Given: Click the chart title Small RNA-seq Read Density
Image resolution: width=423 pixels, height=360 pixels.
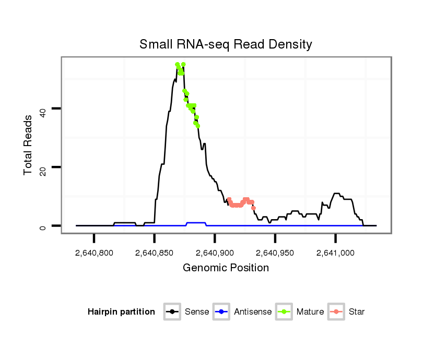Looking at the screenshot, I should coord(226,44).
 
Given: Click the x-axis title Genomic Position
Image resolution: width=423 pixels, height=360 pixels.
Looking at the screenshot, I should coord(226,268).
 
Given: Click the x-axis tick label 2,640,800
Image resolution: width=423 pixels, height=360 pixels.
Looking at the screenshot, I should coord(94,253).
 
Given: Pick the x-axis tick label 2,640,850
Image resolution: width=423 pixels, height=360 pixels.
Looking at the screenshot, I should coord(155,253).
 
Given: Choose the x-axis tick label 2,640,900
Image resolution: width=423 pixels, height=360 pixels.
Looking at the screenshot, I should coord(215,253).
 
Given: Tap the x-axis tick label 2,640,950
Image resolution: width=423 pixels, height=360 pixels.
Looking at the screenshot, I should coord(275,253).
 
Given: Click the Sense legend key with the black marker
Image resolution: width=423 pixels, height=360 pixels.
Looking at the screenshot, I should coord(172,312).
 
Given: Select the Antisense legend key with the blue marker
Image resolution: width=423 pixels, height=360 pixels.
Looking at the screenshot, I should coord(222,312).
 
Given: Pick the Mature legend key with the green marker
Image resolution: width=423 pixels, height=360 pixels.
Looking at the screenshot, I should coord(285,312).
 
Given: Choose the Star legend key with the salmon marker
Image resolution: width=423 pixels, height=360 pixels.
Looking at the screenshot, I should coord(336,312).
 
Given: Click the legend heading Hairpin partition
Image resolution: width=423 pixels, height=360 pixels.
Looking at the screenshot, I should coord(121,312).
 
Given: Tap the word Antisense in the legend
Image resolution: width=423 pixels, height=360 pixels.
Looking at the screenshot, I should coord(253,312).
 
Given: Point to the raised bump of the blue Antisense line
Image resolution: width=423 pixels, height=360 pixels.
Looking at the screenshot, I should coord(196,223).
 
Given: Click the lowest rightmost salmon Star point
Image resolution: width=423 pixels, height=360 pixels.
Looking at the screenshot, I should coord(253,208).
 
